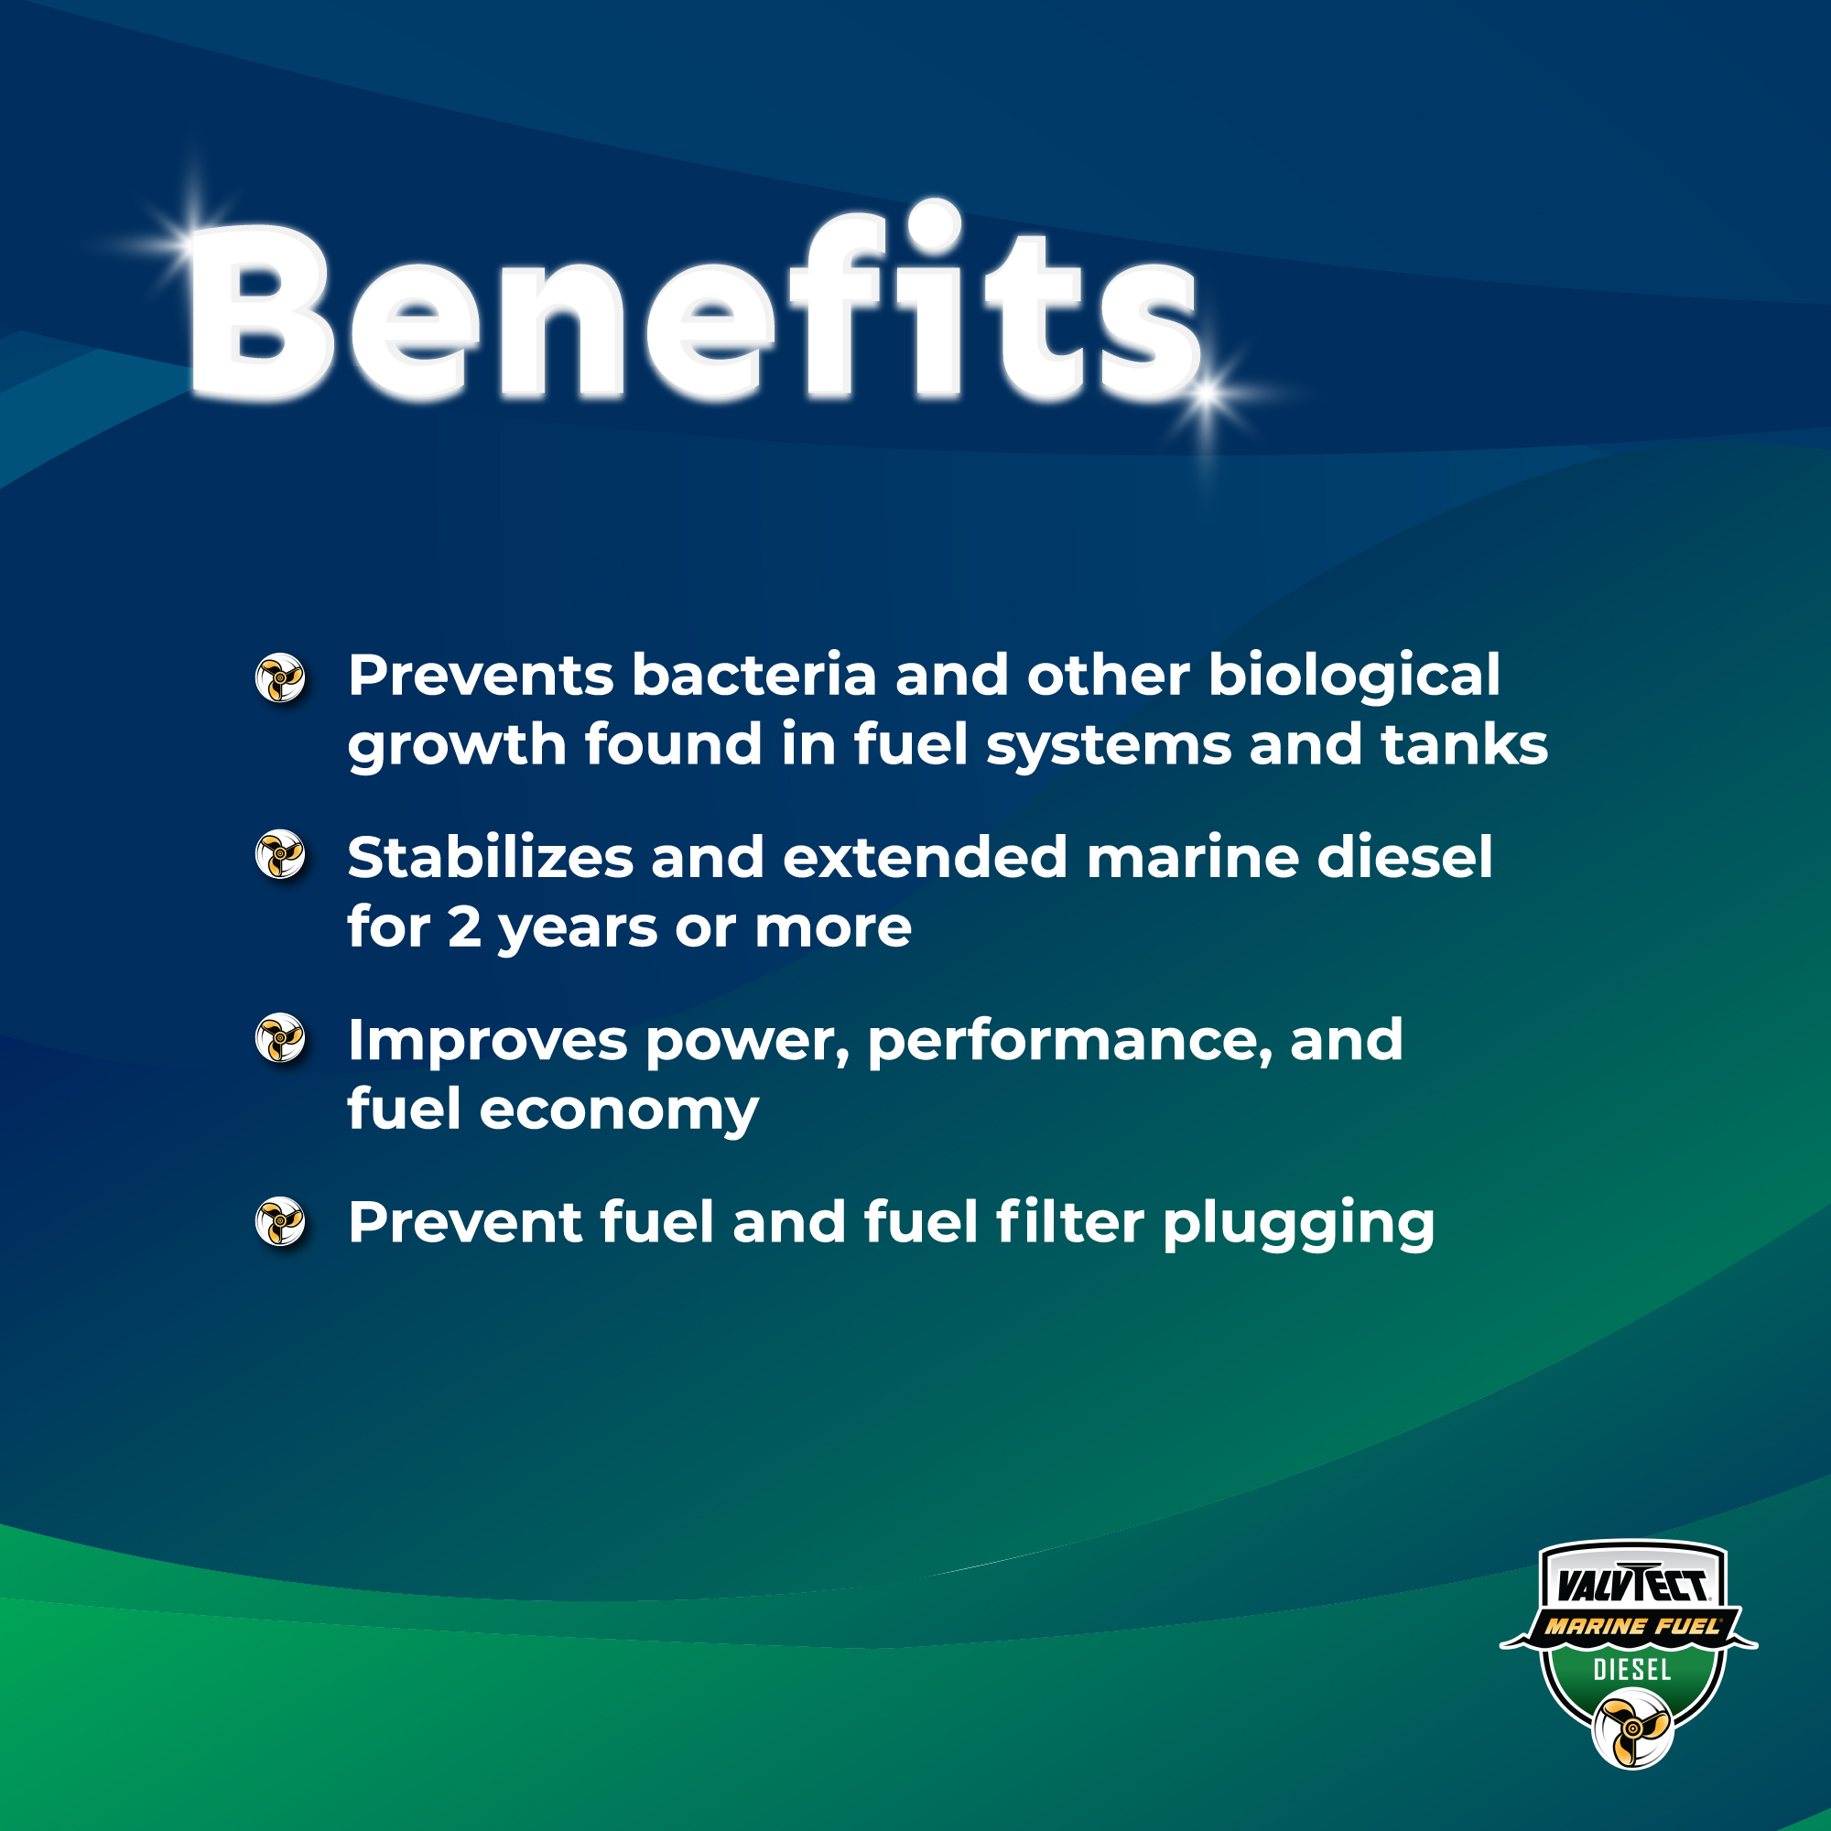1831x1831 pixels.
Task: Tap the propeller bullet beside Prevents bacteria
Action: point(280,678)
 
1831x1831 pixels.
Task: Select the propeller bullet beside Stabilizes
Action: point(280,855)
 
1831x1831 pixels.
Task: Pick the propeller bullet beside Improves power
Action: point(280,1038)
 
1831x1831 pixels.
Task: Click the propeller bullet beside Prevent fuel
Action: point(280,1221)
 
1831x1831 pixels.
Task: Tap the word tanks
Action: point(1464,744)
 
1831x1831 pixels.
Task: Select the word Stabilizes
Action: point(490,858)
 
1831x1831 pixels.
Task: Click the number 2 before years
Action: point(464,926)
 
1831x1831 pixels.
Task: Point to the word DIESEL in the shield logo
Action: point(1632,1670)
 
